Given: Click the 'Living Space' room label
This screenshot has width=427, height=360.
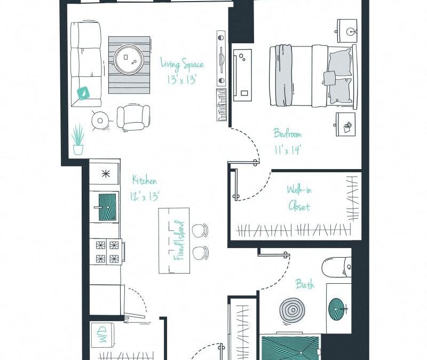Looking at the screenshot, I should tap(182, 65).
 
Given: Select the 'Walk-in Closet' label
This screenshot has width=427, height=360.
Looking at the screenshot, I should tap(299, 197).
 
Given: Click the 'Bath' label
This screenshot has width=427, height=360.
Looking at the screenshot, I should tap(305, 285).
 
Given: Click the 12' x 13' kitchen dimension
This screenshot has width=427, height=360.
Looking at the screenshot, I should tap(144, 196).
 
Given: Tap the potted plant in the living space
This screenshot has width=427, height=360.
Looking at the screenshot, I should tap(78, 140).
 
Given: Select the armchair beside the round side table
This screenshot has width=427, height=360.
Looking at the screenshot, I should tap(133, 117).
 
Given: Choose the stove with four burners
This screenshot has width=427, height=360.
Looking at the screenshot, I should tap(107, 252).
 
